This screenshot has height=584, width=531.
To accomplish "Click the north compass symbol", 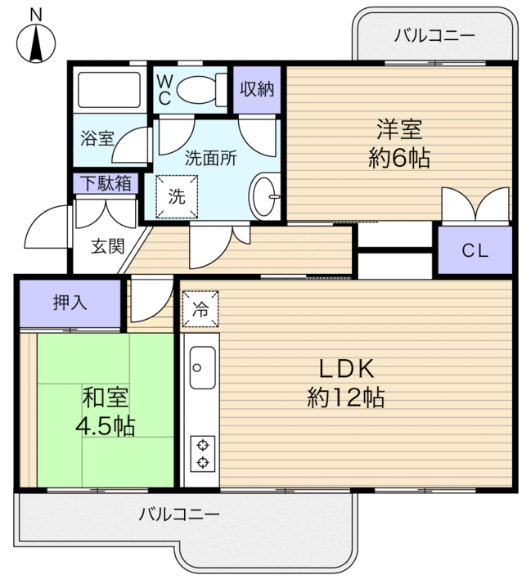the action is (x=36, y=43).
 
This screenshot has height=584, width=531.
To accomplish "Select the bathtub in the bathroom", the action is (x=109, y=90).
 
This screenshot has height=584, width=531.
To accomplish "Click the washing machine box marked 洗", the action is (x=177, y=196).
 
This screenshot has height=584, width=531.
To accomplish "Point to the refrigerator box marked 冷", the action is (x=200, y=308).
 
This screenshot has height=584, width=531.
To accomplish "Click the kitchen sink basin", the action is (x=202, y=368).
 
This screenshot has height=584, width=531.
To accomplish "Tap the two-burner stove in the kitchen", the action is (x=203, y=454).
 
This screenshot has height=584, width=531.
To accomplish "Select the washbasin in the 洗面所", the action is (x=264, y=196).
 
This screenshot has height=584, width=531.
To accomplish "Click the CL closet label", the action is (x=475, y=250).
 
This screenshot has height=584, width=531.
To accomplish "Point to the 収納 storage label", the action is (x=257, y=89).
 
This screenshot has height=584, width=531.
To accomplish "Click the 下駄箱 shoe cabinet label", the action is (x=106, y=183).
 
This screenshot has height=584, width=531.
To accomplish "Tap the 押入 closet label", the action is (x=70, y=302).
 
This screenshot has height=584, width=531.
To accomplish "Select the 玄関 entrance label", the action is (x=107, y=246).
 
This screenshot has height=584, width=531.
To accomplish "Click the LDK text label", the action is (x=346, y=369).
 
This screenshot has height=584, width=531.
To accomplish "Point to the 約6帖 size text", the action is (x=399, y=158).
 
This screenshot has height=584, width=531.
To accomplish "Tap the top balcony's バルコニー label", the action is (x=434, y=36).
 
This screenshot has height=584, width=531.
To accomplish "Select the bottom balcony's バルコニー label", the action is (x=179, y=514).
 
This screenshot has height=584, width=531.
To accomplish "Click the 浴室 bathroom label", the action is (x=97, y=138).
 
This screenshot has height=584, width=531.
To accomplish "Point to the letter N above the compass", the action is (x=36, y=16).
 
